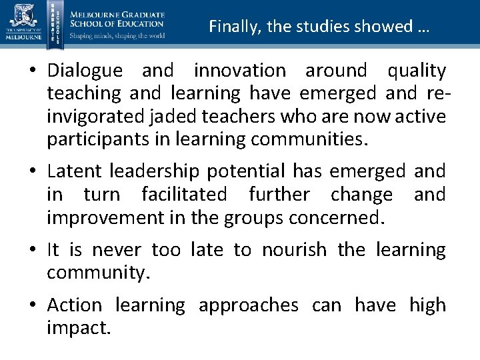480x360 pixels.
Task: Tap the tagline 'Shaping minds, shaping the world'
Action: pyautogui.click(x=117, y=35)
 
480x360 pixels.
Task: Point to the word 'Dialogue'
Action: pyautogui.click(x=85, y=70)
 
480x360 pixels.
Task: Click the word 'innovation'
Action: pyautogui.click(x=239, y=70)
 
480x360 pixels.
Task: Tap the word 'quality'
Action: pyautogui.click(x=417, y=70)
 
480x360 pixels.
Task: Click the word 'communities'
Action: pyautogui.click(x=310, y=140)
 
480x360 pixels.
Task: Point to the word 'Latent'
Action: pyautogui.click(x=74, y=171)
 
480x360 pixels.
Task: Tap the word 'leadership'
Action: pyautogui.click(x=154, y=171)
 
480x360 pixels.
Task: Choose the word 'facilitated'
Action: pyautogui.click(x=184, y=195)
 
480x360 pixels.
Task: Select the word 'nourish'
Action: pyautogui.click(x=294, y=250)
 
